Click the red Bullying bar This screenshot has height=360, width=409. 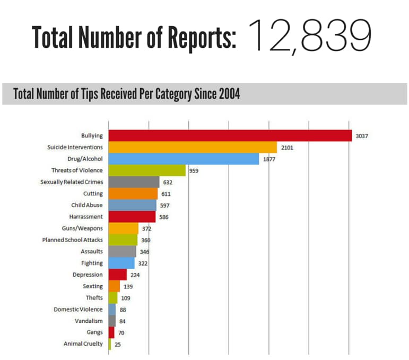[x=230, y=135]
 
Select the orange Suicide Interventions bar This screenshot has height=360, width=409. [x=193, y=147]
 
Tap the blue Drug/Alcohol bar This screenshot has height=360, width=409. [x=184, y=158]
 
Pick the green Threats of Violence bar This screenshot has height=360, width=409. [x=147, y=170]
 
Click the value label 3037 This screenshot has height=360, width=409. [x=362, y=136]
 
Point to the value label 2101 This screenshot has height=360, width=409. [x=286, y=147]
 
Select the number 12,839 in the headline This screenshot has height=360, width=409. [x=309, y=36]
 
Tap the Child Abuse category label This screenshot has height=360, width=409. [x=87, y=205]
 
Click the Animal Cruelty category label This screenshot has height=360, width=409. [x=83, y=344]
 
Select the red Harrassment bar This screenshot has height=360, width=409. [x=132, y=217]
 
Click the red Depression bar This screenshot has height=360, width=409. [x=118, y=275]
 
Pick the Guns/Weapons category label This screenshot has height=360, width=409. [x=86, y=228]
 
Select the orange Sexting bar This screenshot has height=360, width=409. [x=114, y=286]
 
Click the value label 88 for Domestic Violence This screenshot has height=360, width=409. [x=123, y=309]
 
